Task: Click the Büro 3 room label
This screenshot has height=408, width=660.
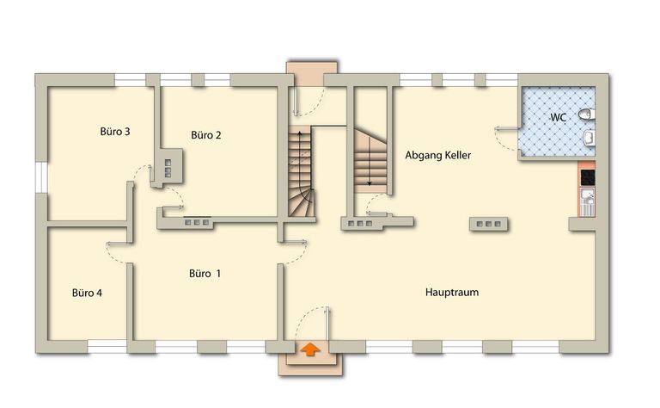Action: [115, 132]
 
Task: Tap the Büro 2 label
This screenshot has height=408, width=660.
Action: [206, 135]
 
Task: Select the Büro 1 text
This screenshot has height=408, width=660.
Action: [205, 274]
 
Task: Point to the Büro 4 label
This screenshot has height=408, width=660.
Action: [87, 293]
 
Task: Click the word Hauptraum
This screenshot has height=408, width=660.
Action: [452, 292]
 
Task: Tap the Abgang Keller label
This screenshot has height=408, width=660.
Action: [437, 155]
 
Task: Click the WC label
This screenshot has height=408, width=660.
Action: [558, 117]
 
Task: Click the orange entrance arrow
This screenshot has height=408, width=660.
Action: [310, 349]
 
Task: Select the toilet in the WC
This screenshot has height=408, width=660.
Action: [586, 114]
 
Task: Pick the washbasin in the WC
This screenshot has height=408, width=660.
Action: [589, 138]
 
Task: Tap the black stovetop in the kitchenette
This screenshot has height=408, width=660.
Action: [588, 177]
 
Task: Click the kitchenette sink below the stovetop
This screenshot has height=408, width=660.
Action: [588, 202]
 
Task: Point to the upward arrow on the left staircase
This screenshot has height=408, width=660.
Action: [300, 156]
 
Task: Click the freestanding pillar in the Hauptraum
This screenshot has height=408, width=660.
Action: [488, 224]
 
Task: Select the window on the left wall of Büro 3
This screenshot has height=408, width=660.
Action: [41, 177]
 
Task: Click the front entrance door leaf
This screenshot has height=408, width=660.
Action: [327, 323]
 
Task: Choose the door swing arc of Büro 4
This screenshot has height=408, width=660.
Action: [113, 255]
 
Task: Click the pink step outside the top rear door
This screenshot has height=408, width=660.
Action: [311, 68]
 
